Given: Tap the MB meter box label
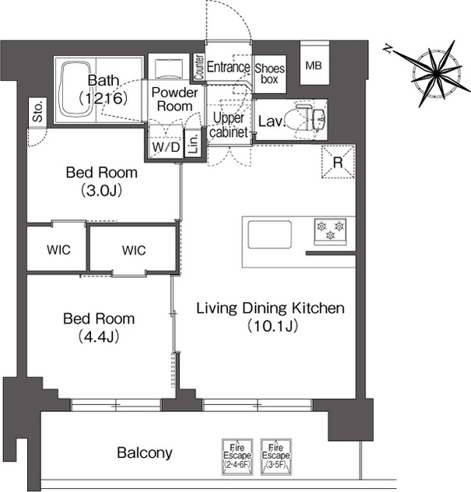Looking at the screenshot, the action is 314,65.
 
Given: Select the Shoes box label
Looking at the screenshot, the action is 269,74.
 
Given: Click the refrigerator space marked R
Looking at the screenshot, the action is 339,162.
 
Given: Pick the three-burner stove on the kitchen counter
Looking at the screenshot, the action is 330,231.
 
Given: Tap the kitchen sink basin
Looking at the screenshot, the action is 269,234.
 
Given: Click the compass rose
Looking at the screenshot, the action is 436,74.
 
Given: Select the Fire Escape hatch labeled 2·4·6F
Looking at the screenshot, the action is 237,456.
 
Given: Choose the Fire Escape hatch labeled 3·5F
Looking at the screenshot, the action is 276,456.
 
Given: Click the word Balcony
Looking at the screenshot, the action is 145,453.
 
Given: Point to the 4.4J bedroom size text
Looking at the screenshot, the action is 99,336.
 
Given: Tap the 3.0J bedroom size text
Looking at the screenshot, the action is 102,191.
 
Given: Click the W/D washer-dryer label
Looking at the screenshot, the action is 166,147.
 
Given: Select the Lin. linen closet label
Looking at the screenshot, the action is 194,144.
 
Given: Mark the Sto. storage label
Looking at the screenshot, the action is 38,111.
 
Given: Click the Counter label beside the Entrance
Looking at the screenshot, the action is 199,67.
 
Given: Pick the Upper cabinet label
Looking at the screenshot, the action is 229,125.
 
